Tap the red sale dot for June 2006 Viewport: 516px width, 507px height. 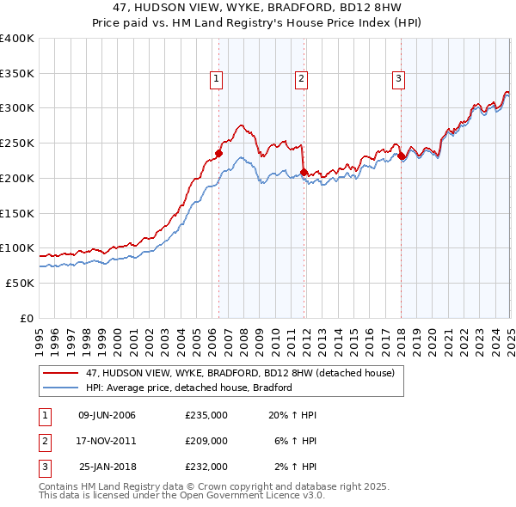[218, 154]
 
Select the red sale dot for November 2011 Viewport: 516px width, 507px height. [304, 172]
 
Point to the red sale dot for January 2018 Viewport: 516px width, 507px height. [401, 156]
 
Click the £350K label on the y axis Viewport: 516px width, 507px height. [17, 73]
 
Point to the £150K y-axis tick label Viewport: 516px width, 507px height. [17, 213]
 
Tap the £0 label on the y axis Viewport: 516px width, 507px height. [26, 318]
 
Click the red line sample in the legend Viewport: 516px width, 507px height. [60, 374]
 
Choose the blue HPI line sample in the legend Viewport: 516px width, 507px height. [60, 388]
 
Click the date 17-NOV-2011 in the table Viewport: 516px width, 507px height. [107, 441]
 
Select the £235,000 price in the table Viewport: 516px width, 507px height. [206, 415]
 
